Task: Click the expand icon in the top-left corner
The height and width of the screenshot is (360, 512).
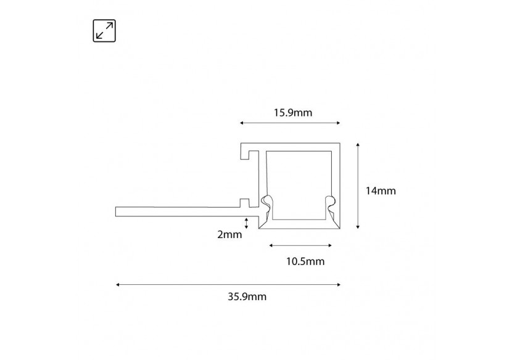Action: click(x=104, y=31)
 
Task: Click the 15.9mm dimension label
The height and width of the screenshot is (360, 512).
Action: click(x=292, y=112)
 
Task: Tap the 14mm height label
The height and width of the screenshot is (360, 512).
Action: click(x=380, y=190)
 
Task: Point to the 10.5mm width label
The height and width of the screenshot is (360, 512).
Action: click(x=305, y=262)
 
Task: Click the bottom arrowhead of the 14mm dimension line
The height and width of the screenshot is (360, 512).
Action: click(x=358, y=227)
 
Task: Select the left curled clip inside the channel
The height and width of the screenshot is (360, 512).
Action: click(x=266, y=203)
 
